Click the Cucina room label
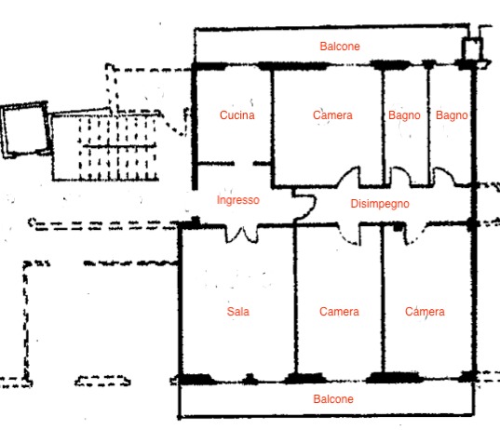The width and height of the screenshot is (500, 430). coord(236,115)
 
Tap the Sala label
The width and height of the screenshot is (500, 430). coord(237,312)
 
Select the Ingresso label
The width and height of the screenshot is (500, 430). coord(237,200)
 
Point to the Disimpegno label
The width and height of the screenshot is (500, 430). coord(380,204)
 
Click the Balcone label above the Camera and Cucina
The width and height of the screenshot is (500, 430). coord(340,47)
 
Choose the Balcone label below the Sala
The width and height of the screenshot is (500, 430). coord(333,399)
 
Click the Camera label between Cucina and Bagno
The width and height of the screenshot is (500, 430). coord(332,115)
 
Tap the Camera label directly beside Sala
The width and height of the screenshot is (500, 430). coord(339,312)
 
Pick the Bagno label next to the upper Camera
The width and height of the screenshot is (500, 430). coord(404,115)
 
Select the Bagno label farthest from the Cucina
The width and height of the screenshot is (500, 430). coord(452,115)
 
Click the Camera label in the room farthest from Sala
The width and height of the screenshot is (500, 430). coord(425,312)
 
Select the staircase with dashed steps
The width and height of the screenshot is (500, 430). coord(118,147)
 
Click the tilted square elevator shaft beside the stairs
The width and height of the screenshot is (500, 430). coord(25,129)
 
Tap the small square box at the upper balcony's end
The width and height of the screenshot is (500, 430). coord(473,48)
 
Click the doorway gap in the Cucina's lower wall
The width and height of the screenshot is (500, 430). coord(244,164)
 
